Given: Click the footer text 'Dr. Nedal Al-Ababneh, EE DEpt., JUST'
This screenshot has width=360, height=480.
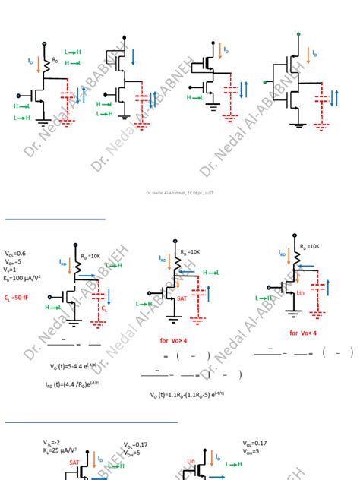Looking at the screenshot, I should point(179,193).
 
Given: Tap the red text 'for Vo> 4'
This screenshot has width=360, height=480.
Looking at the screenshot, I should point(174,340).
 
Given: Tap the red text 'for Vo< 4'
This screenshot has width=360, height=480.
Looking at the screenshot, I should point(303,333).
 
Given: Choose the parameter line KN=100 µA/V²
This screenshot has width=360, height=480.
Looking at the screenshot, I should point(22,279).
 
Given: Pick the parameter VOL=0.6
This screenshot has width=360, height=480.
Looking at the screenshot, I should point(15,254).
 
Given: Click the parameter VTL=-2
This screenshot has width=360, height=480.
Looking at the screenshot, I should point(51,441).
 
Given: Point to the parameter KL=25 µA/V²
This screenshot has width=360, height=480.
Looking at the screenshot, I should point(58,450).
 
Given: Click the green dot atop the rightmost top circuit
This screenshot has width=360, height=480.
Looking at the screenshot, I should point(298,33).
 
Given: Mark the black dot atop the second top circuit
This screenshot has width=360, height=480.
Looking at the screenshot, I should point(124,35).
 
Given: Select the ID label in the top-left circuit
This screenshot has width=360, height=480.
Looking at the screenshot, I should point(30,60).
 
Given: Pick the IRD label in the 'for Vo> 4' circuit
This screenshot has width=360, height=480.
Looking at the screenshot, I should point(163,259).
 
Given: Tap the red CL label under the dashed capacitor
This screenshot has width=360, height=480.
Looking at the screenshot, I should point(105,310).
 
